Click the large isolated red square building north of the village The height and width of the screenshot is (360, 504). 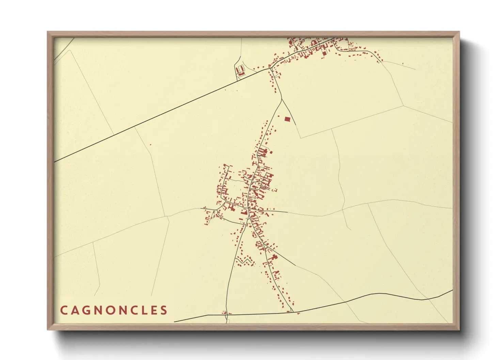(288, 119)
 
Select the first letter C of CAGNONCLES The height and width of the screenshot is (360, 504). (64, 310)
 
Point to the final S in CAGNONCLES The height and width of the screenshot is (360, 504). (164, 310)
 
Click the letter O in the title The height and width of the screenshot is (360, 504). (114, 310)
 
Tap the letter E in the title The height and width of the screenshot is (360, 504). (153, 310)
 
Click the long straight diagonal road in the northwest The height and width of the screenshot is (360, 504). (163, 114)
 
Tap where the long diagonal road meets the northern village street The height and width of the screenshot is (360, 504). (270, 68)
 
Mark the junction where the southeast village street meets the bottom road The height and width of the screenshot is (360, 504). (292, 311)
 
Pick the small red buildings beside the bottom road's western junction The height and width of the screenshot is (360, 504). (226, 312)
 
